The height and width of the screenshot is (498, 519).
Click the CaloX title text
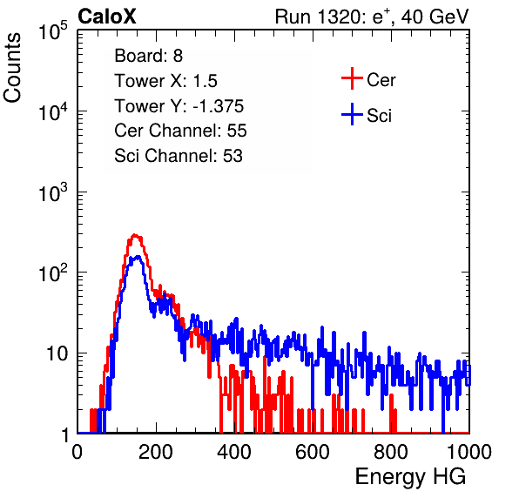coord(106,17)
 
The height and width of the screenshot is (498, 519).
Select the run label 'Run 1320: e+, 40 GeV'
coord(372,17)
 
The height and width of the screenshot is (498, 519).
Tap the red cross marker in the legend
coord(352,78)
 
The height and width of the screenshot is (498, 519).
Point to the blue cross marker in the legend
coord(352,114)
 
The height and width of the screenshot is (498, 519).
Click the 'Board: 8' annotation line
coord(149,56)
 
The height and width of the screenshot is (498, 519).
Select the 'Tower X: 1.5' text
coord(165,81)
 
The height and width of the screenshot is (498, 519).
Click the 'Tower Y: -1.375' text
coord(179,106)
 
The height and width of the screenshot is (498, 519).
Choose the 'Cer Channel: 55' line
coord(180,131)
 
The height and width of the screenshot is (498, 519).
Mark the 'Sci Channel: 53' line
coord(179,156)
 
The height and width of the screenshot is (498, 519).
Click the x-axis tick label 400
coord(234,452)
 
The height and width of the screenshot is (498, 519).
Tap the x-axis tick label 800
coord(391,452)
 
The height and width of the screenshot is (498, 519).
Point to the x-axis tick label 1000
coord(468,452)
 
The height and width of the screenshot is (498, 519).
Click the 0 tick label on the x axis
coord(78,452)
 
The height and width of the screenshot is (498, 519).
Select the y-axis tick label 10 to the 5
coord(53,31)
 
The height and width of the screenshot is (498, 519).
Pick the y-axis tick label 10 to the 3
coord(53,193)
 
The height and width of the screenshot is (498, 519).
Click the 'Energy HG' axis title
coord(410,477)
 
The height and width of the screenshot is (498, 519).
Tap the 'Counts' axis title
coord(12,68)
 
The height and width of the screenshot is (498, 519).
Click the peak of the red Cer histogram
coord(134,235)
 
